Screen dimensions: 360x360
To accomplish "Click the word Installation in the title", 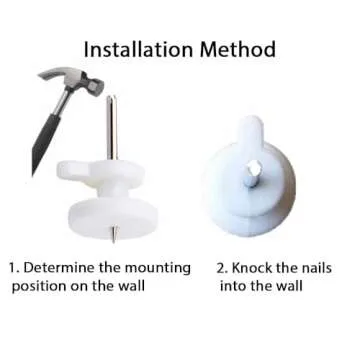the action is click(x=138, y=49).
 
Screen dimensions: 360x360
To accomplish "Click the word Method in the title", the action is click(x=238, y=49).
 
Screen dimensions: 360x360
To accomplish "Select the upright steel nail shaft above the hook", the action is click(x=112, y=127).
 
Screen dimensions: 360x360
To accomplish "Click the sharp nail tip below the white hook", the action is click(x=114, y=234).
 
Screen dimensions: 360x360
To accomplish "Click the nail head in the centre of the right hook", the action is click(x=251, y=175).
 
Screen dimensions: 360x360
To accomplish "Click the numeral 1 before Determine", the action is click(x=13, y=268).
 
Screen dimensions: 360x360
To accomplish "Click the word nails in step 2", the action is click(x=316, y=268).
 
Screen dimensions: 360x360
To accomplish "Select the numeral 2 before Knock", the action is click(x=222, y=268).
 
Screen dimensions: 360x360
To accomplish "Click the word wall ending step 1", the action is click(x=132, y=286).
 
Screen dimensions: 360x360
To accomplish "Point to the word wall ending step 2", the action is click(x=290, y=286).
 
